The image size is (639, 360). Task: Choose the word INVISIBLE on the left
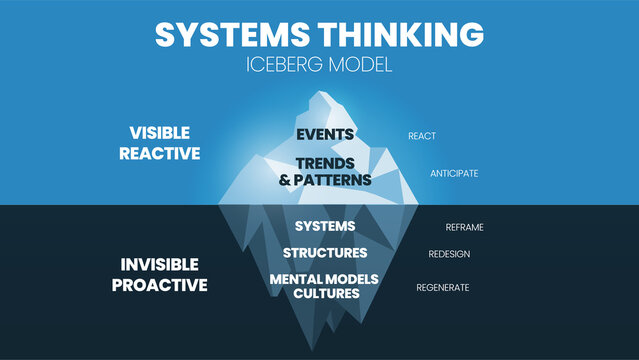[x=160, y=264]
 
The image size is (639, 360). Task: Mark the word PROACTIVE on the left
[x=160, y=284]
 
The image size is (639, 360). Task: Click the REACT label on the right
[x=421, y=135]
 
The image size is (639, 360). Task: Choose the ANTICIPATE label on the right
[x=454, y=173]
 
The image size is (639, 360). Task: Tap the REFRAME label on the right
[x=464, y=227]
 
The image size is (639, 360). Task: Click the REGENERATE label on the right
[x=443, y=287]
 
